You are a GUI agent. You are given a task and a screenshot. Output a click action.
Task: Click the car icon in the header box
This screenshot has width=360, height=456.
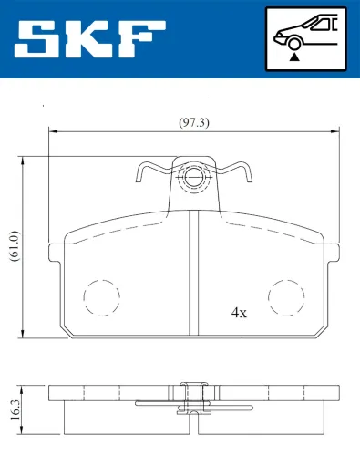click(x=306, y=32)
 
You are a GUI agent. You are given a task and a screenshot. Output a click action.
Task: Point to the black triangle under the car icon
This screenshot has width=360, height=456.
click(x=294, y=57)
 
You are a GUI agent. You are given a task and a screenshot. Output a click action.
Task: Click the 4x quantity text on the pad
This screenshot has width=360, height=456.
click(x=239, y=312)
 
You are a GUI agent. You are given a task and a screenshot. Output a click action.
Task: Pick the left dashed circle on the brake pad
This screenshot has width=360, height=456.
click(x=101, y=295)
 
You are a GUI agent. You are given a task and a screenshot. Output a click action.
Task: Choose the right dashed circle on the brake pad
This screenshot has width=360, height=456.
click(x=285, y=295)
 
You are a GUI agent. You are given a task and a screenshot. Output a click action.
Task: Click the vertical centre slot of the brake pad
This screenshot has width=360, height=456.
click(x=193, y=274)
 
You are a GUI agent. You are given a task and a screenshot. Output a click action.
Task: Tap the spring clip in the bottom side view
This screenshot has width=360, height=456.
click(x=193, y=402)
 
